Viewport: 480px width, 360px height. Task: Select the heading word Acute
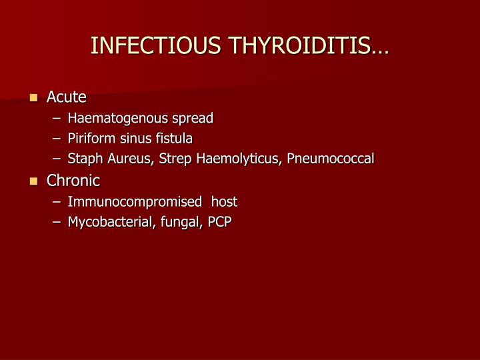point(67,97)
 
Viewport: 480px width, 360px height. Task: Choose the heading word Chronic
point(73,181)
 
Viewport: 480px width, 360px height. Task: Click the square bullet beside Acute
point(34,98)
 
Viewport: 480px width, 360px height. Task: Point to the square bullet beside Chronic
point(34,181)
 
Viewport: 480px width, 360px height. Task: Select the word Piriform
point(89,139)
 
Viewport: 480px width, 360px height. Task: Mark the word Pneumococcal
point(331,159)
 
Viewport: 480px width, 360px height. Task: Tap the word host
point(224,201)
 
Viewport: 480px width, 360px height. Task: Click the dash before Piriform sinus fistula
point(59,139)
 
